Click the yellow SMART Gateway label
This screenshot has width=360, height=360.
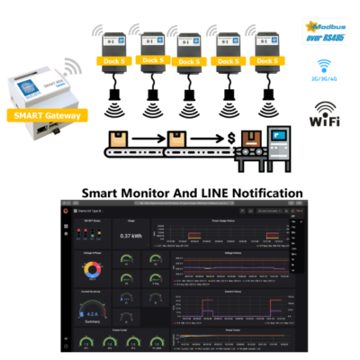(45, 116)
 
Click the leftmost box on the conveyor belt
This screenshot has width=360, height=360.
(119, 140)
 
